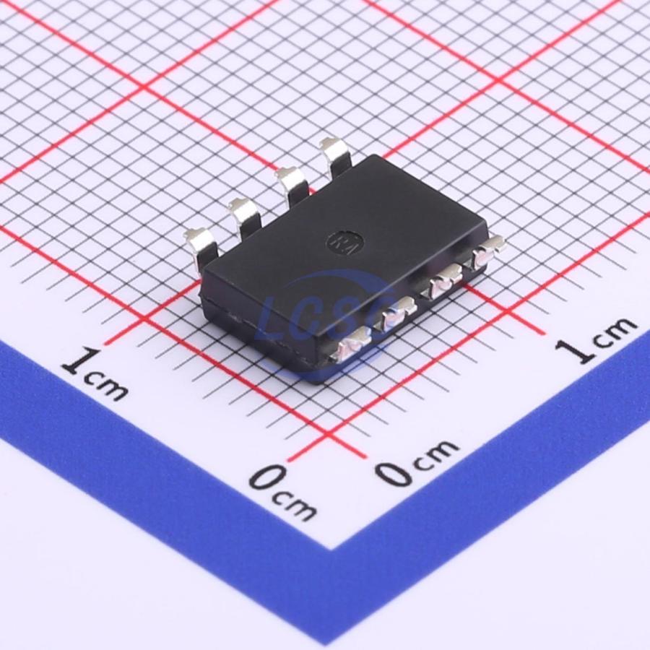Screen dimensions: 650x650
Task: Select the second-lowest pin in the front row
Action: tap(396, 314)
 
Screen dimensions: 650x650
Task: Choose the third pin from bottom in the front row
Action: tap(444, 281)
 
